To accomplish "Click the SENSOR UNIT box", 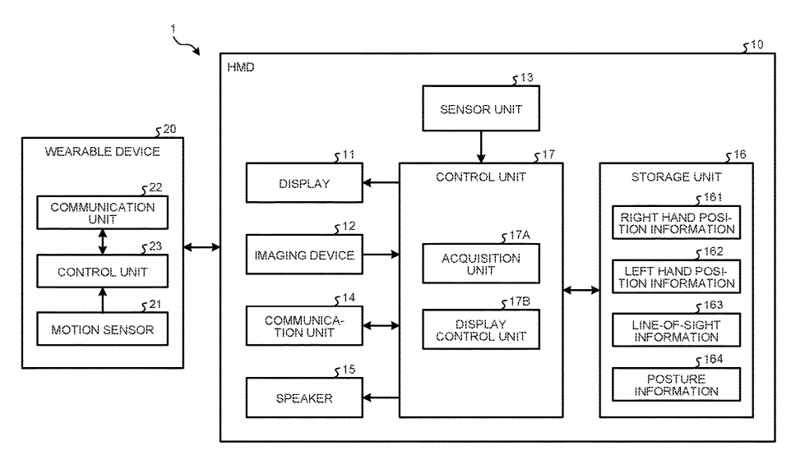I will click(x=481, y=108).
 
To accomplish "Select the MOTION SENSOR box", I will click(x=102, y=330).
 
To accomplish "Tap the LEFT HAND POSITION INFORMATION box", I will click(x=676, y=276).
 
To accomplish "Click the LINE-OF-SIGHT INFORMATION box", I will click(x=676, y=329).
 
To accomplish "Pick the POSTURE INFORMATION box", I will click(x=676, y=384).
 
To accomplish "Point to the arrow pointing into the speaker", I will click(x=380, y=398).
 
